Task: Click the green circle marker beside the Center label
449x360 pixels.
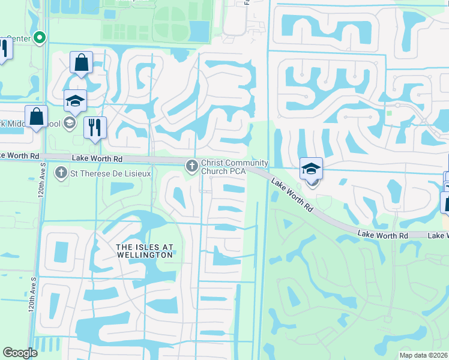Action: click(x=40, y=38)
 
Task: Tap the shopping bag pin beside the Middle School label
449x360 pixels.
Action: click(x=37, y=116)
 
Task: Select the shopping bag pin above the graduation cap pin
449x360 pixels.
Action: click(x=81, y=62)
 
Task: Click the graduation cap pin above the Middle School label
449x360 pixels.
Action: click(x=76, y=101)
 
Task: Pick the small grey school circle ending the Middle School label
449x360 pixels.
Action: click(x=69, y=123)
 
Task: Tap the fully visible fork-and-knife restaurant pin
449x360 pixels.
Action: click(x=95, y=127)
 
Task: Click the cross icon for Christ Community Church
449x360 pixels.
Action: click(x=192, y=165)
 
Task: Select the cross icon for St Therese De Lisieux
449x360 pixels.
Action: click(x=61, y=173)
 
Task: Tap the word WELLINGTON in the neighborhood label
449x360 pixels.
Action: click(x=145, y=255)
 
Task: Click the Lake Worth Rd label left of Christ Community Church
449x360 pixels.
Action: click(x=97, y=158)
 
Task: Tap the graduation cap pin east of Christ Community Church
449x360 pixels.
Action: click(x=311, y=169)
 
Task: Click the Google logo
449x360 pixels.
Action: click(x=20, y=353)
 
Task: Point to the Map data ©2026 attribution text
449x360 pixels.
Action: click(x=423, y=355)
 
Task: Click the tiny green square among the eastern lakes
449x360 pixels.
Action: click(x=389, y=112)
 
